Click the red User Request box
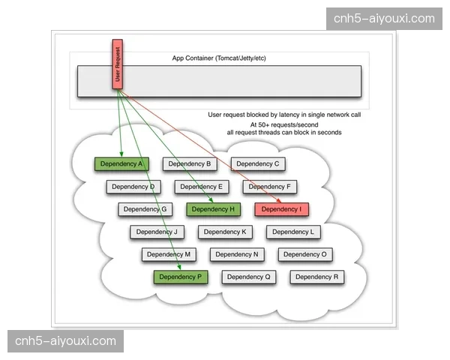[117, 64]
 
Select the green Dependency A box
[121, 163]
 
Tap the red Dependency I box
[282, 209]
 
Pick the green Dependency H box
[214, 209]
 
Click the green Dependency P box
[181, 277]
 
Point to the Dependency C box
[258, 163]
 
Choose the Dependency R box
[317, 277]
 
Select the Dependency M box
[169, 254]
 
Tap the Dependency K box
[225, 232]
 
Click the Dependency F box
[270, 187]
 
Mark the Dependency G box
[145, 209]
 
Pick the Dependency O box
[305, 254]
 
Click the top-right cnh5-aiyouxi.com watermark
[384, 18]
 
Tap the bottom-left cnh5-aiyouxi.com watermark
[66, 341]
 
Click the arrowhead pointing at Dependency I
[280, 201]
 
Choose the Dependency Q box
[249, 277]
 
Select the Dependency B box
[190, 163]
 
